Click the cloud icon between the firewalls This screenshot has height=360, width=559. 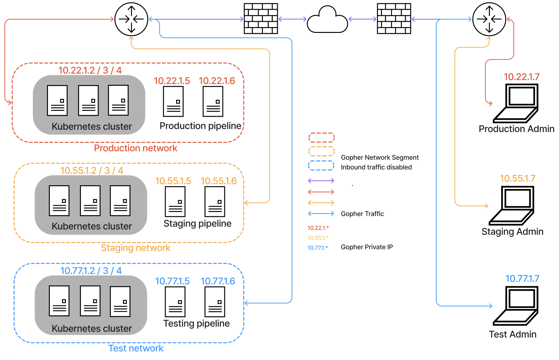coord(327,20)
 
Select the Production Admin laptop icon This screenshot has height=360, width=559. coord(516,103)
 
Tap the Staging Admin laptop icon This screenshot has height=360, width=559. coord(512,205)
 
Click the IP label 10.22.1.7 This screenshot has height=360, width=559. coord(521,77)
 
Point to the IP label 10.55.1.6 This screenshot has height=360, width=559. coord(219,181)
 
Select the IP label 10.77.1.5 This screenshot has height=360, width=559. coord(172,281)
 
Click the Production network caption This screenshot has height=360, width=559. coord(135,148)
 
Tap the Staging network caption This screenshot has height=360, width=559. coord(135,248)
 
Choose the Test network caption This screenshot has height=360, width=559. coord(136,348)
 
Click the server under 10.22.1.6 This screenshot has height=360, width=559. coord(213,101)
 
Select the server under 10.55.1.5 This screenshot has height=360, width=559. coord(175,202)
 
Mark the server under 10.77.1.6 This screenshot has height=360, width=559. coord(215,302)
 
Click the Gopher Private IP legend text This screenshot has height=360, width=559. coord(367,247)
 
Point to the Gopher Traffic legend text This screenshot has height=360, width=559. coord(362,214)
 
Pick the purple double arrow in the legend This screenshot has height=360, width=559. coord(321,181)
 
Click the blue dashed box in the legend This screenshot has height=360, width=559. coord(321,166)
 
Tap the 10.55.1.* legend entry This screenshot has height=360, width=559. coord(318,238)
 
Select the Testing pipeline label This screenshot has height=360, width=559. coord(196,323)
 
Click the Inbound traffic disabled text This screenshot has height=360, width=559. coord(376,167)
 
